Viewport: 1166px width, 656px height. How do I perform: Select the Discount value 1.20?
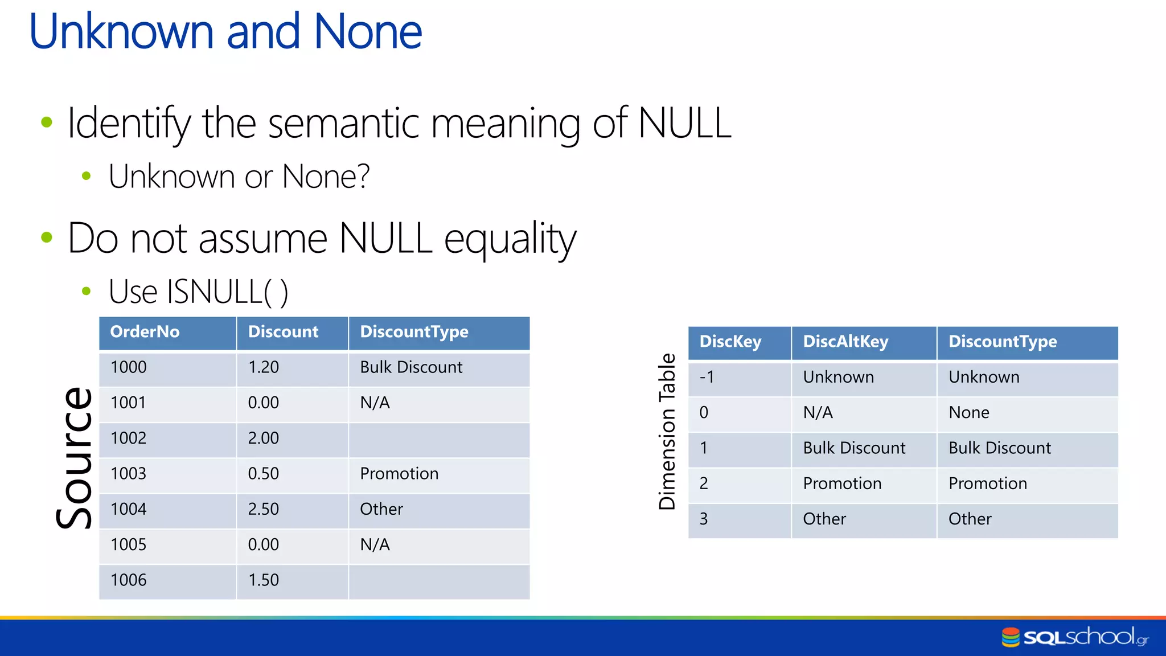pyautogui.click(x=263, y=367)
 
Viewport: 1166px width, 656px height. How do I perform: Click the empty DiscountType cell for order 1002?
pyautogui.click(x=438, y=439)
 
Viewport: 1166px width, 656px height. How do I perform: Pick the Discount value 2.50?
pyautogui.click(x=263, y=509)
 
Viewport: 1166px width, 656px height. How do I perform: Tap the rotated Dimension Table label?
pyautogui.click(x=667, y=431)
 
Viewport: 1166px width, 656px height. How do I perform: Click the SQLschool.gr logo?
pyautogui.click(x=1074, y=637)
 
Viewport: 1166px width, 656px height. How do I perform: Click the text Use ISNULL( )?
pyautogui.click(x=198, y=292)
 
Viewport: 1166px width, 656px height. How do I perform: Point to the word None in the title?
pyautogui.click(x=368, y=31)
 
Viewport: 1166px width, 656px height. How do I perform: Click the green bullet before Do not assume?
pyautogui.click(x=47, y=237)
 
